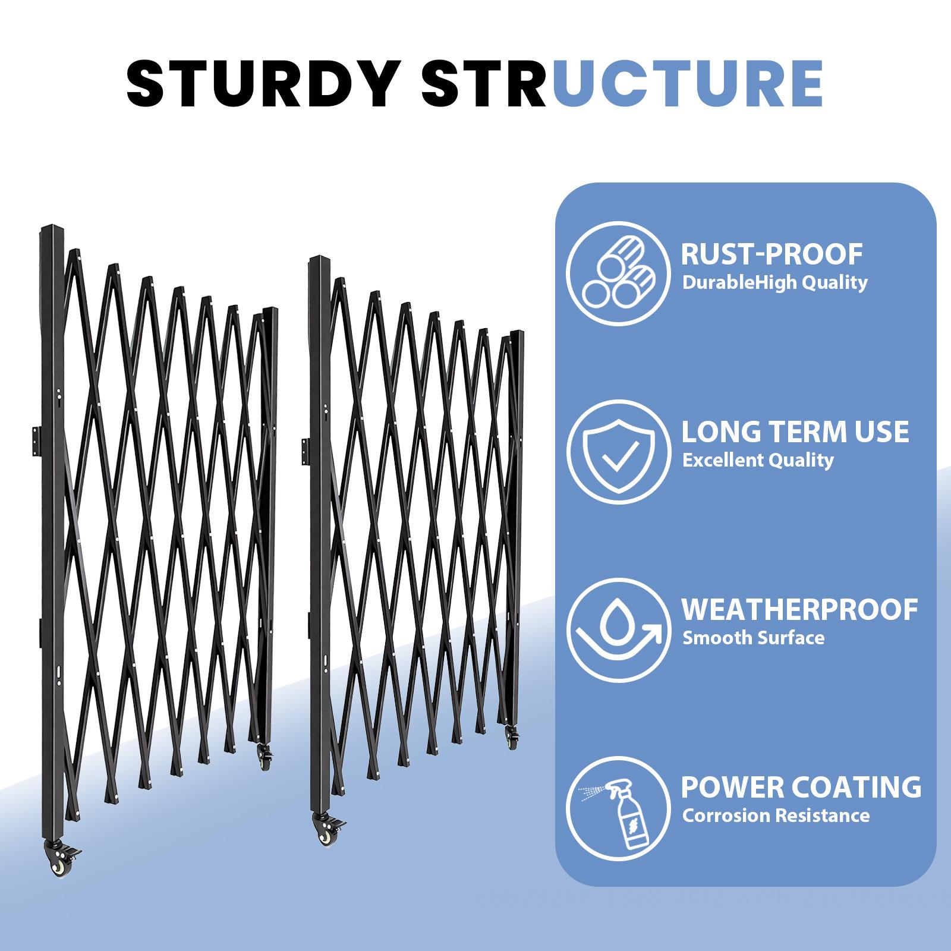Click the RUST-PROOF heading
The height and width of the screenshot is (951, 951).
tap(771, 254)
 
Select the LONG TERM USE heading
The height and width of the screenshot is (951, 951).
tap(795, 432)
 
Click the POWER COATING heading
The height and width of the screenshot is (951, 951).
tap(801, 787)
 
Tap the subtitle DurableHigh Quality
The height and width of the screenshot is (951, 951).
tap(774, 283)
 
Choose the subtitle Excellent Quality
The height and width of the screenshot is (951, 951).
tap(758, 460)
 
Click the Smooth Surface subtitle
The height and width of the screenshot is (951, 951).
tap(753, 638)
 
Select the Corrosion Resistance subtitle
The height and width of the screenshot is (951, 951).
tap(776, 815)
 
